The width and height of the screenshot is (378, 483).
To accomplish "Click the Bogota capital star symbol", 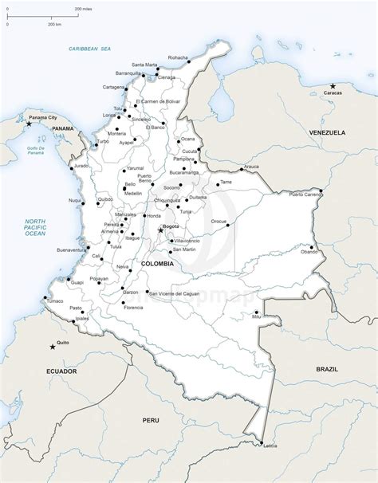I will pos(160,230).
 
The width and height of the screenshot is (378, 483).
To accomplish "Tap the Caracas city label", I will pos(332,92).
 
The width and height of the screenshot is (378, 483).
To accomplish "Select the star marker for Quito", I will pos(53,345).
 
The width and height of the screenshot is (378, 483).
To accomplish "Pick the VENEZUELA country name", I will pos(328,132).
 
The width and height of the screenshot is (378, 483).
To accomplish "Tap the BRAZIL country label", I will pos(327,369).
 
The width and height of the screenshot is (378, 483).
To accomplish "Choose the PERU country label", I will pos(151,419).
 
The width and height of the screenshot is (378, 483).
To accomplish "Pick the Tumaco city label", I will pos(53,301).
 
